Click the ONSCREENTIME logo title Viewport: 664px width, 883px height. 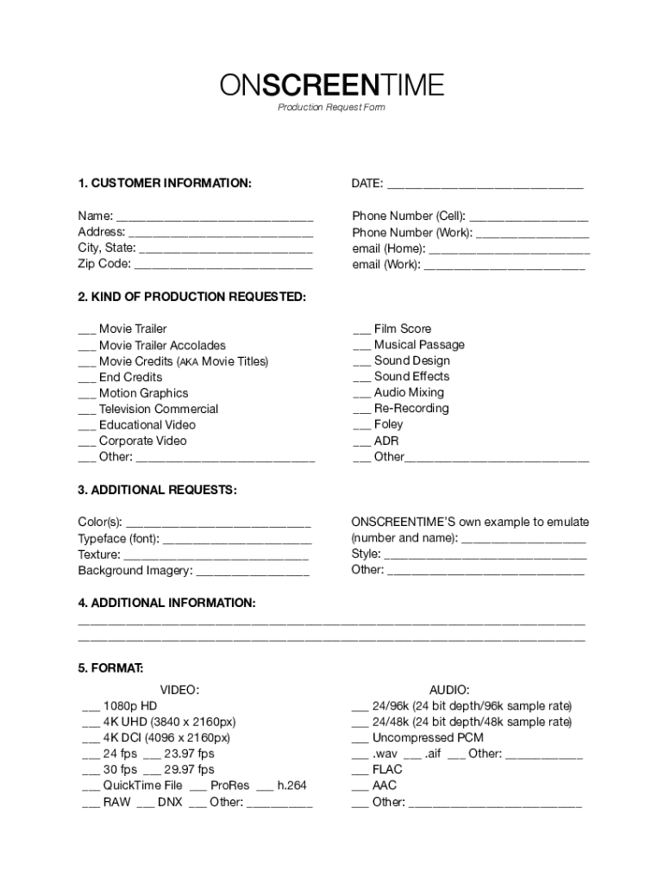coord(331,85)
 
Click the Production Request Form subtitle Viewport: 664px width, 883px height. coord(331,108)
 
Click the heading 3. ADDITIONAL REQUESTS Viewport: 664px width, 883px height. coord(157,490)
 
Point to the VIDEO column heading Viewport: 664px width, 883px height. coord(179,690)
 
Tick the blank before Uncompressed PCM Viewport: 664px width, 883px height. coord(360,739)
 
